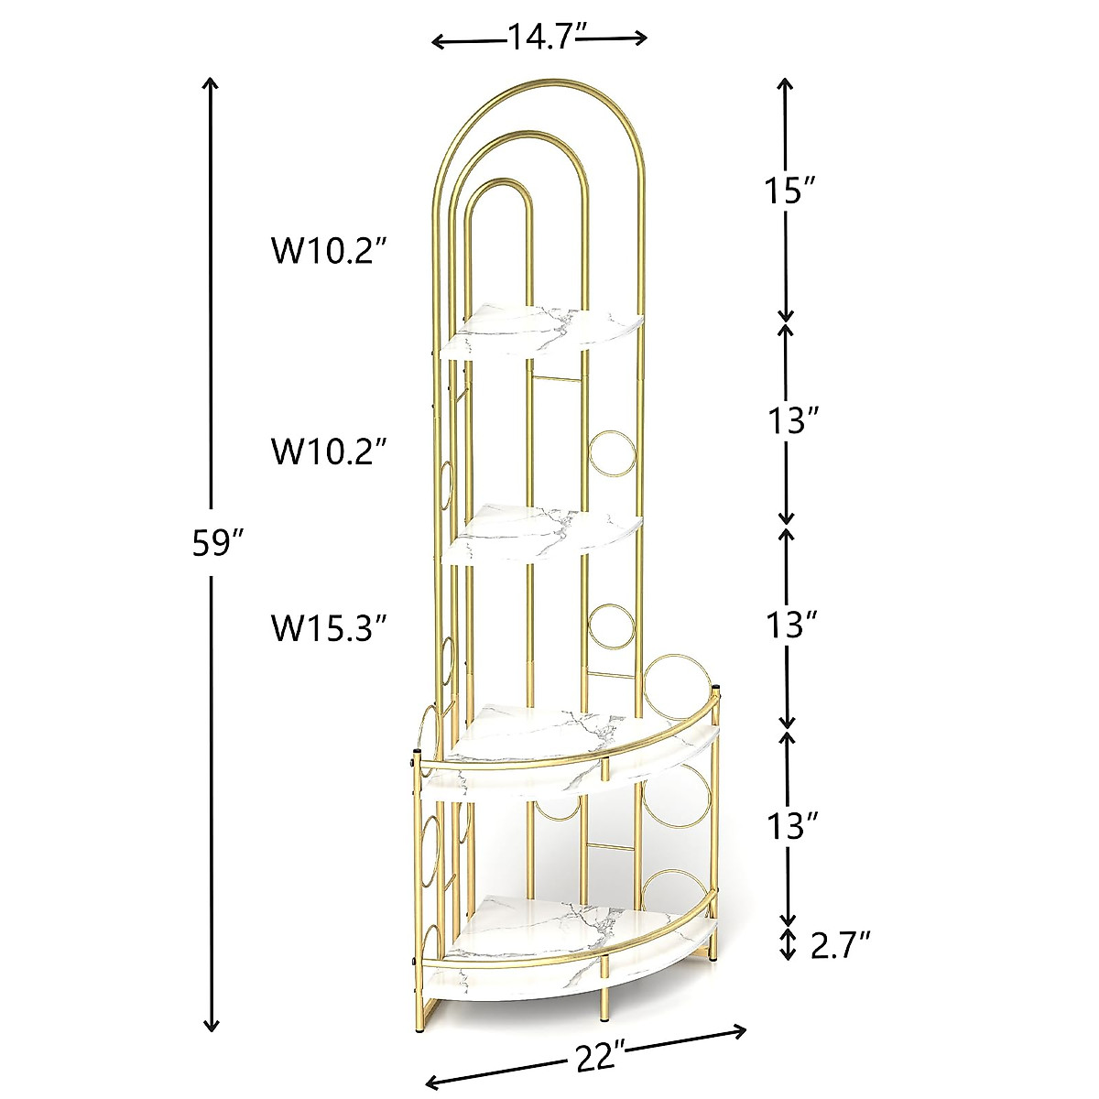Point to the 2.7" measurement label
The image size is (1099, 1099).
[x=840, y=944]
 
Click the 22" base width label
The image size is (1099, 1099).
[x=601, y=1059]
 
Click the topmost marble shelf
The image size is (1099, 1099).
[x=542, y=330]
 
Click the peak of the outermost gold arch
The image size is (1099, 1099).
[x=539, y=81]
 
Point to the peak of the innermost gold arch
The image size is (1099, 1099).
[x=499, y=181]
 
